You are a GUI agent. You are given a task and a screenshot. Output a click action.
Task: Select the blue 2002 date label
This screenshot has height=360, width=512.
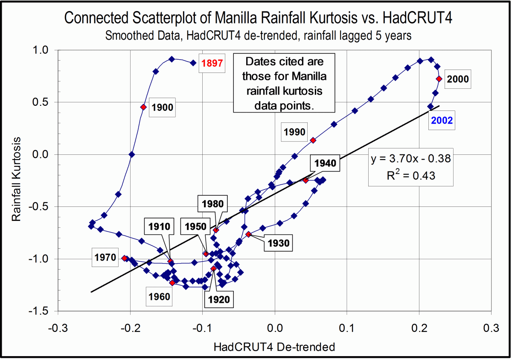[442, 121]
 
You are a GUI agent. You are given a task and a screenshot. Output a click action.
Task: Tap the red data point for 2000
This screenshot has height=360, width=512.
[439, 78]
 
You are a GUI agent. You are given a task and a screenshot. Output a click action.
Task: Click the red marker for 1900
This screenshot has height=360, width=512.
[143, 107]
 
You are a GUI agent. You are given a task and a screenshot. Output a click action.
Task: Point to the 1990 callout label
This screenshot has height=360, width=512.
[294, 132]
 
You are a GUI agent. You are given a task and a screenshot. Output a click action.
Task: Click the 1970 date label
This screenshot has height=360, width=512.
[105, 257]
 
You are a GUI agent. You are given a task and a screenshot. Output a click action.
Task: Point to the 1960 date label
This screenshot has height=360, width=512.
[159, 296]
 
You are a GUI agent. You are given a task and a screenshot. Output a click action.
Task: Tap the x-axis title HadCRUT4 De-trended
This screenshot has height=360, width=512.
[274, 347]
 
